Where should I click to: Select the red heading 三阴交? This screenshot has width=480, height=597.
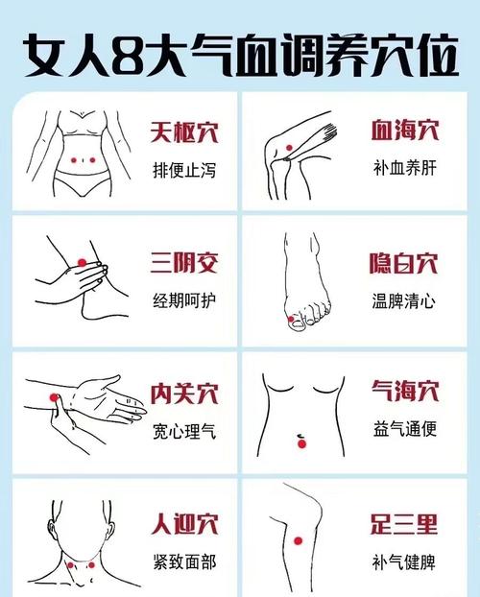pyautogui.click(x=183, y=262)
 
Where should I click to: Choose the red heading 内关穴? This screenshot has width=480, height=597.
pyautogui.click(x=183, y=393)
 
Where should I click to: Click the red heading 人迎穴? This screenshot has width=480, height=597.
pyautogui.click(x=183, y=524)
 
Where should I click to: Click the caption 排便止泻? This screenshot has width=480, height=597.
pyautogui.click(x=183, y=171)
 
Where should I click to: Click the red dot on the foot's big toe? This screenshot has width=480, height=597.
pyautogui.click(x=292, y=317)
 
